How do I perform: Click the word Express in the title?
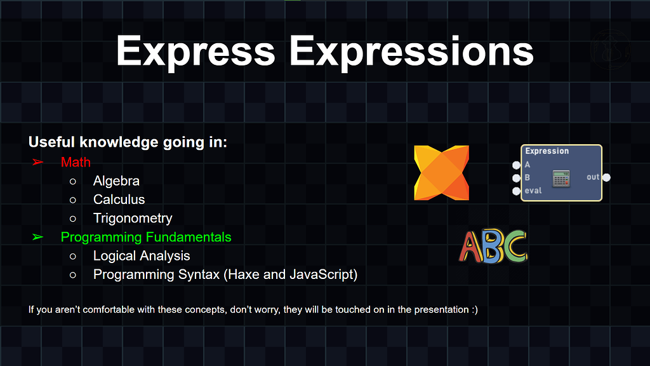(x=196, y=52)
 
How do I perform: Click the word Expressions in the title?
(x=411, y=52)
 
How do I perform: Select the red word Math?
(x=76, y=162)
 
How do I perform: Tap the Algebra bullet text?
(x=117, y=181)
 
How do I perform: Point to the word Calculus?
(x=119, y=200)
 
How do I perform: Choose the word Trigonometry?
(x=133, y=219)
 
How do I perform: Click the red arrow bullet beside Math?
(x=37, y=162)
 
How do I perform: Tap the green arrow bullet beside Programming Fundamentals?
(x=37, y=237)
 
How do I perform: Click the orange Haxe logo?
(x=442, y=173)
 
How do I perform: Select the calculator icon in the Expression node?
(x=561, y=179)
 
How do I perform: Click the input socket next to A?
(x=516, y=165)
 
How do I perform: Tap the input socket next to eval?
(x=516, y=191)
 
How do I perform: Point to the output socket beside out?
(x=606, y=178)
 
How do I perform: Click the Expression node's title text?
(x=547, y=151)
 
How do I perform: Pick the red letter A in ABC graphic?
(x=470, y=247)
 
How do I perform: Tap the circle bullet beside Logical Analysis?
(x=73, y=257)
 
